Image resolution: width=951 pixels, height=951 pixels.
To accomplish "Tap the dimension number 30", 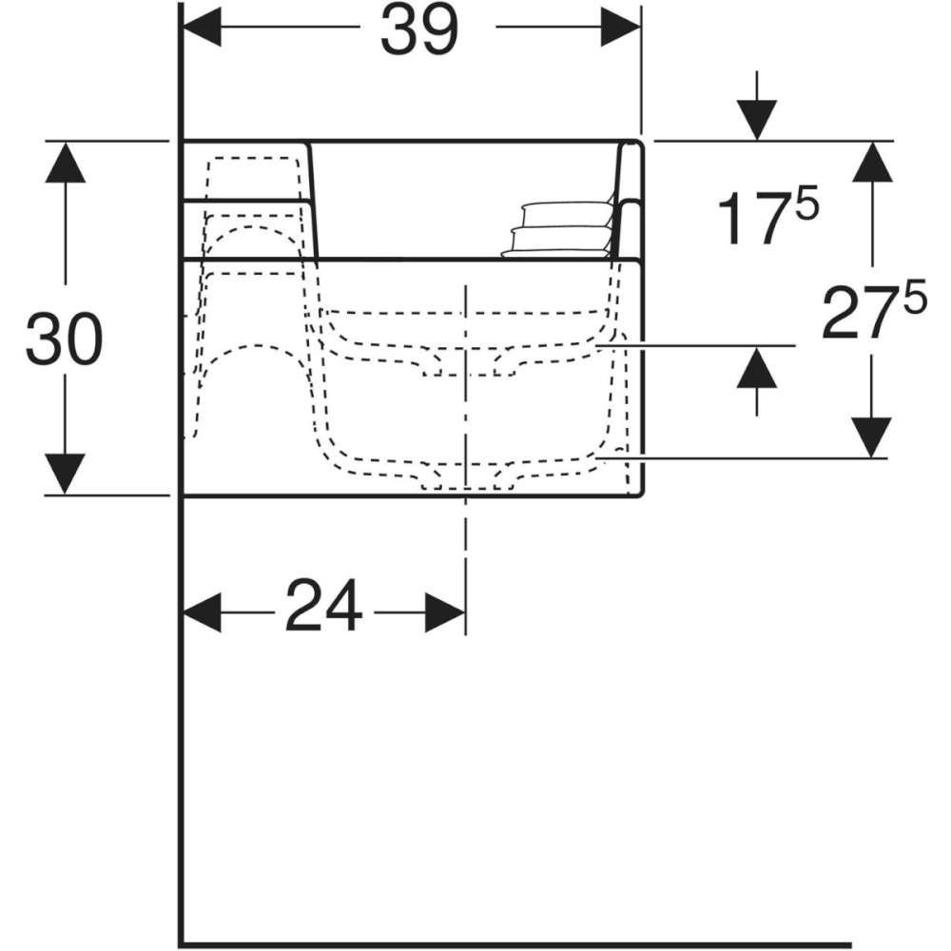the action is tap(65, 340).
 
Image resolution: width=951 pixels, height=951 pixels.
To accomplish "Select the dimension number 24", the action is tap(324, 605).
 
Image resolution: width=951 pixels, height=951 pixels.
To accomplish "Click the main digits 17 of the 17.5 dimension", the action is tap(754, 219).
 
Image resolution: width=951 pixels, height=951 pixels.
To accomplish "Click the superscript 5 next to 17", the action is tap(807, 202).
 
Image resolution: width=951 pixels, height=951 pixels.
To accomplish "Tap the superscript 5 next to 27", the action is tap(915, 297).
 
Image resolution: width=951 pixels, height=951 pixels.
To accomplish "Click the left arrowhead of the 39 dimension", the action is tap(202, 27).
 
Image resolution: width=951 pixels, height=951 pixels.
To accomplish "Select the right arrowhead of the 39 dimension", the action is tap(620, 27).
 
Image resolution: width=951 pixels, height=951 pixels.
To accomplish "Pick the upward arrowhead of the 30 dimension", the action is tap(65, 162).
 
